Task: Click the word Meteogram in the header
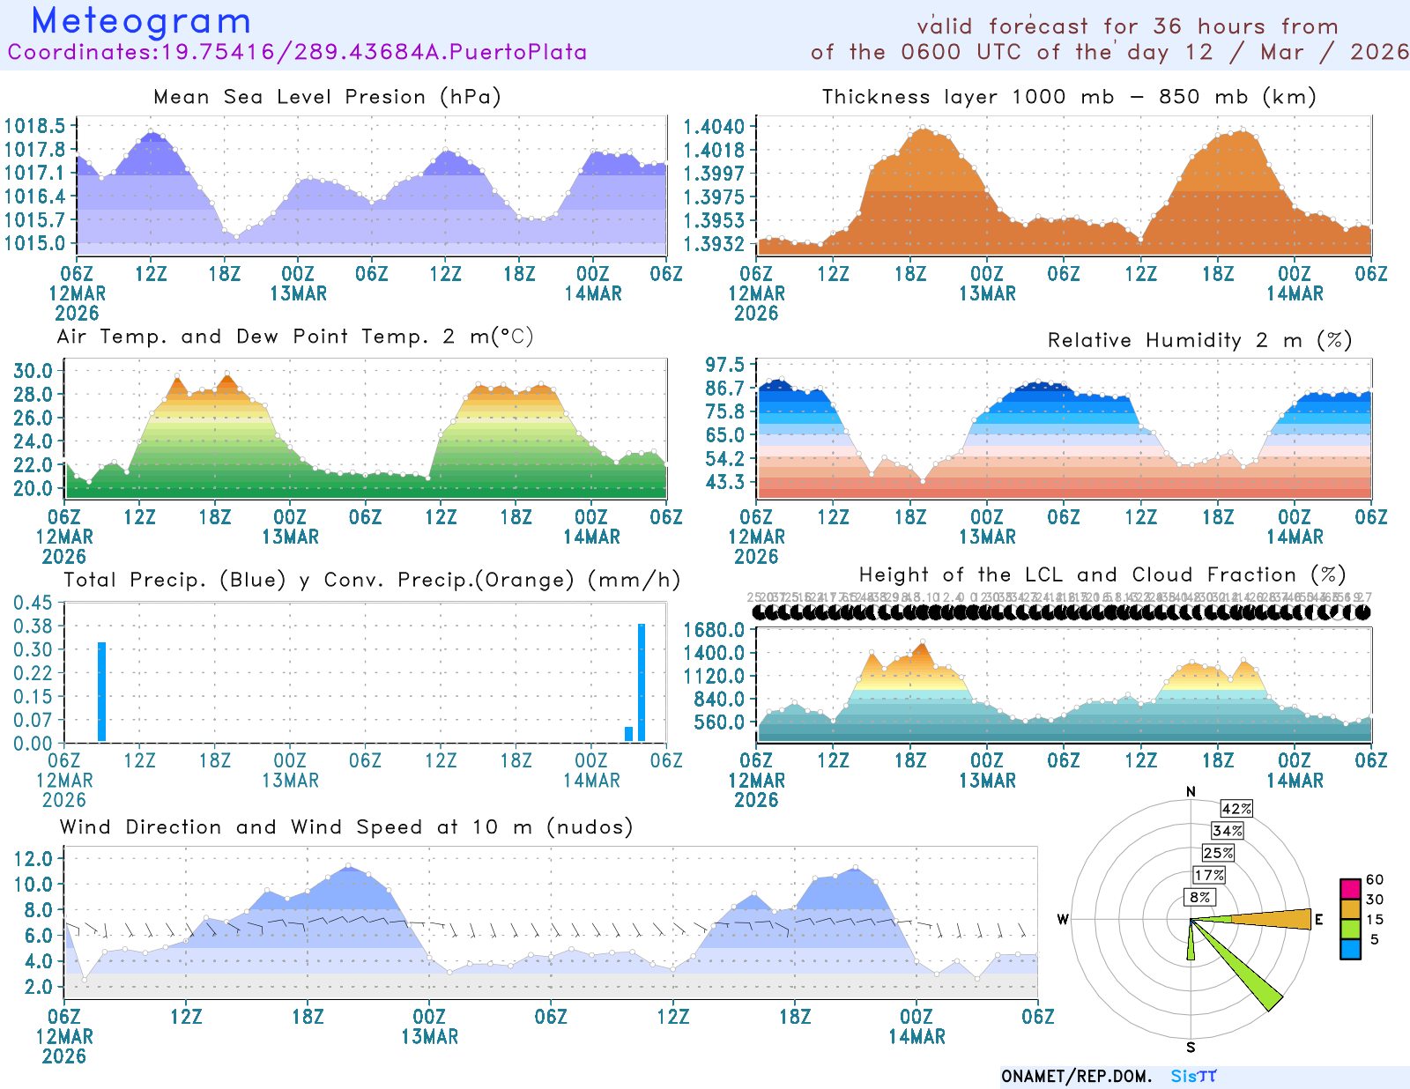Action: point(141,21)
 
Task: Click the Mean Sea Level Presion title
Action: point(327,97)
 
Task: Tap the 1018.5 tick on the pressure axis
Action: point(35,126)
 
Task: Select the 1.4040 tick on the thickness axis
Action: point(715,127)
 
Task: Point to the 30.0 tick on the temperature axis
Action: point(33,371)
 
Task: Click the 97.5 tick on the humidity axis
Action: point(725,365)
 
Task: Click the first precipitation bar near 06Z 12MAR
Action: point(102,692)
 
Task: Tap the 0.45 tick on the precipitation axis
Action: point(33,603)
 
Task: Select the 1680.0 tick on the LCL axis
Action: point(714,630)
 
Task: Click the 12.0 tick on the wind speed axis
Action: point(33,859)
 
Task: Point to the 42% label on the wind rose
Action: point(1236,809)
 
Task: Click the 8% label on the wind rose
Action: point(1199,897)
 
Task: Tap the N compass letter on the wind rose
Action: point(1191,792)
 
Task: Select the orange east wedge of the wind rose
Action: point(1278,919)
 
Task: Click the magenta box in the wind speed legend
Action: point(1350,888)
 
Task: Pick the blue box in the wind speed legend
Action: point(1350,949)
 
